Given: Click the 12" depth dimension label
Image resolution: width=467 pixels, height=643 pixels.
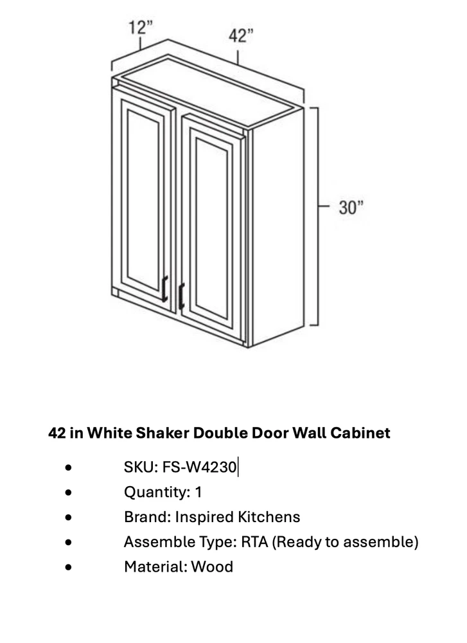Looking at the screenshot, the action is pyautogui.click(x=141, y=28).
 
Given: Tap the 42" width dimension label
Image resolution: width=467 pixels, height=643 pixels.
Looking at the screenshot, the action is pyautogui.click(x=240, y=35).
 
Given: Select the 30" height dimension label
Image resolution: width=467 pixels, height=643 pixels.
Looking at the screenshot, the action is pyautogui.click(x=351, y=208).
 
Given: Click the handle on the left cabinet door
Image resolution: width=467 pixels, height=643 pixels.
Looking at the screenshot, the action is pyautogui.click(x=164, y=289).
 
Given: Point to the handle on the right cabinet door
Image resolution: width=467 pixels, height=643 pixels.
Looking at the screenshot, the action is pyautogui.click(x=182, y=296).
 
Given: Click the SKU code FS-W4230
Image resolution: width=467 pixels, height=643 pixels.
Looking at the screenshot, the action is pyautogui.click(x=200, y=467).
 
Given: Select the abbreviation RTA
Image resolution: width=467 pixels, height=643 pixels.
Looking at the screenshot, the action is pyautogui.click(x=254, y=541).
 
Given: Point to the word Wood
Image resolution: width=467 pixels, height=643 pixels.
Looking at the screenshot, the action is pyautogui.click(x=212, y=566).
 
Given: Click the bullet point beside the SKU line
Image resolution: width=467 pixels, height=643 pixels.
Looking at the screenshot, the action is pyautogui.click(x=68, y=467).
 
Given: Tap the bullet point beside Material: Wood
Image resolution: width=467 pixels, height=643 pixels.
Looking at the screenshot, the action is pyautogui.click(x=68, y=567).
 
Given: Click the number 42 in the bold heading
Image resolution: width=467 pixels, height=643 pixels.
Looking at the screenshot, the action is pyautogui.click(x=57, y=433).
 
